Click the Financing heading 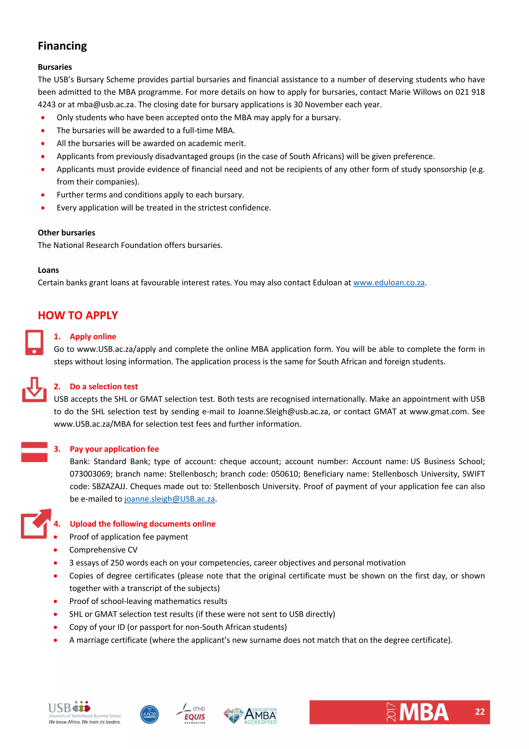coord(62,46)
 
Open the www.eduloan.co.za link coord(389,283)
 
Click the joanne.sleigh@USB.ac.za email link coord(169,499)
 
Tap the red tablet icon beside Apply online coord(34,342)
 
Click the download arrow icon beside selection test coord(34,390)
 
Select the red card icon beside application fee coord(34,452)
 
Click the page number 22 coord(479,712)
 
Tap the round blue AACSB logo coord(149,714)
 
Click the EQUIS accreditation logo coord(192,713)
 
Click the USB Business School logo coord(84,713)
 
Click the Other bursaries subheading coord(66,233)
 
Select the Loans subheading coord(48,270)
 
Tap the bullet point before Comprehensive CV coord(56,550)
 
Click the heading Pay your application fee coord(114,449)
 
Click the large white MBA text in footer coord(424,713)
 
